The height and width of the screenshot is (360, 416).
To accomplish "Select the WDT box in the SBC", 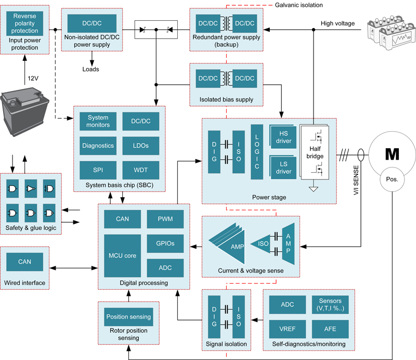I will coord(140,169).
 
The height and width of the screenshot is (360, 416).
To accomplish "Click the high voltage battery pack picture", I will coord(389,34).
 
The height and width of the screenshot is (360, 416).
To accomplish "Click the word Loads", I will coord(92,69).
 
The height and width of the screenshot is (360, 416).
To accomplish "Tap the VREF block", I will coord(287,329).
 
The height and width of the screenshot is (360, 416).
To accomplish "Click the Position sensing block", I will coord(128,316).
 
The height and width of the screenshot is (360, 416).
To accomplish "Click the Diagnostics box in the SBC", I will coord(98,146).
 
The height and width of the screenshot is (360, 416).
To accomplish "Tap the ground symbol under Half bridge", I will coord(314,188).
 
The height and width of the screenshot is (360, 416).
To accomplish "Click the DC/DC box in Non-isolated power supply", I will coord(92,23).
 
